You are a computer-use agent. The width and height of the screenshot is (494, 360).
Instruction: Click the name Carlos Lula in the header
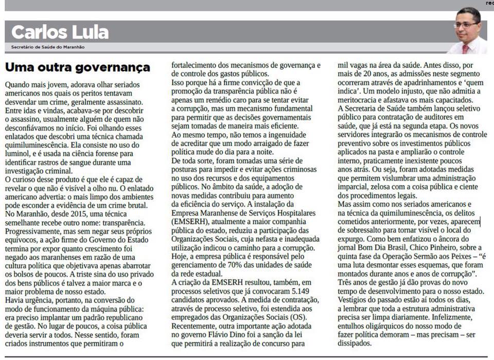click(60, 32)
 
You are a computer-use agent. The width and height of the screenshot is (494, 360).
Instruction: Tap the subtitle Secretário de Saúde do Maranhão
click(48, 47)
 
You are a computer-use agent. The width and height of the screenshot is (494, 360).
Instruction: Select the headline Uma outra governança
click(77, 67)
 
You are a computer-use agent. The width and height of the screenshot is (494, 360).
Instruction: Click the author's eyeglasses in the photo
click(466, 24)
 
